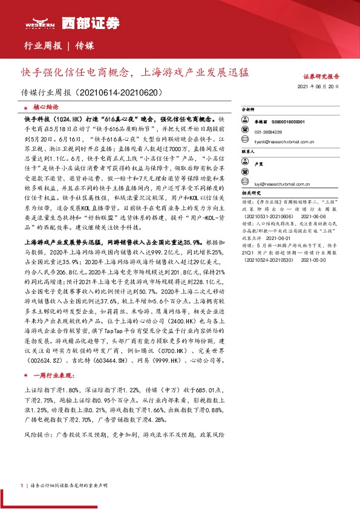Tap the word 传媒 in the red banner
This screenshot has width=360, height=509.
[x=85, y=46]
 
